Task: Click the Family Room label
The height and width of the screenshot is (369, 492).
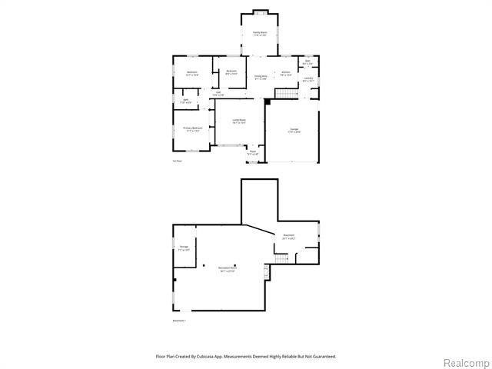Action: [261, 33]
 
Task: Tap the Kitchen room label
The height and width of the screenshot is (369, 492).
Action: [285, 74]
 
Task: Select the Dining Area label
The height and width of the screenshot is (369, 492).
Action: [261, 77]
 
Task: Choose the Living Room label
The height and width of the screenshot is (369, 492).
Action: [239, 121]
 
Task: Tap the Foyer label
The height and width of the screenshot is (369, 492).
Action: [252, 153]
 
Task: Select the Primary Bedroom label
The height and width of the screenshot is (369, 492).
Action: [192, 129]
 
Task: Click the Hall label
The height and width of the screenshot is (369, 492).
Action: [218, 93]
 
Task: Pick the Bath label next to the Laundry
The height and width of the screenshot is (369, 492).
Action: [307, 61]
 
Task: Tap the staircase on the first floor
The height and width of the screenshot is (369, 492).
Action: [286, 94]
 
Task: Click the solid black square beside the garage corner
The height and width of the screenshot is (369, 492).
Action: [267, 101]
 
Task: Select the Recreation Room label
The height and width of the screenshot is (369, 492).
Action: [228, 270]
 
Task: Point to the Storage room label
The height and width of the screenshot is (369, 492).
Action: [183, 248]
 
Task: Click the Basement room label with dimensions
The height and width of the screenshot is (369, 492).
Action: [289, 236]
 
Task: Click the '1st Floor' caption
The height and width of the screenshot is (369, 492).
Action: [177, 161]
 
